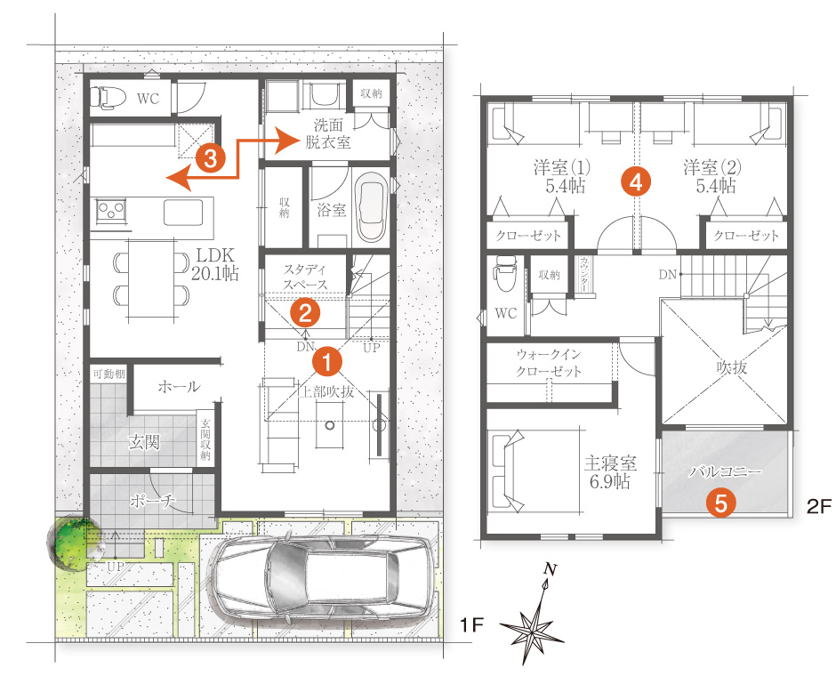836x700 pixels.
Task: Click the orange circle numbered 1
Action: tap(326, 361)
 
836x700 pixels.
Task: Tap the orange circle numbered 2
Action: tap(305, 313)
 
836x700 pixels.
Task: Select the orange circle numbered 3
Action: tap(211, 157)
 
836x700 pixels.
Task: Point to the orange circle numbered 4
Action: tap(636, 182)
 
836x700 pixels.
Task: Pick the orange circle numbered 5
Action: tap(721, 503)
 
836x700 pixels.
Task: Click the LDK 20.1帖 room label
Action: tap(215, 264)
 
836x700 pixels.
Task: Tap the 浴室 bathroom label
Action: tap(332, 210)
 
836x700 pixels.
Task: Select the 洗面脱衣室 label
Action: tap(328, 133)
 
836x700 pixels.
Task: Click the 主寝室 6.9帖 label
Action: tap(610, 472)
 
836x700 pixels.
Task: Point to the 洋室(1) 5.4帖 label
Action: tap(562, 176)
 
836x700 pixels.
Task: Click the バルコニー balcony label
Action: tap(725, 471)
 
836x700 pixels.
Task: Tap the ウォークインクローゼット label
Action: tap(549, 363)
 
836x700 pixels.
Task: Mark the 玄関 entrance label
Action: tap(144, 442)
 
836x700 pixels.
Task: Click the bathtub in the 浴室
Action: tap(373, 207)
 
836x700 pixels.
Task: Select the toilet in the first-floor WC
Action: tap(107, 98)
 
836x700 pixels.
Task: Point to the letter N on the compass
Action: tap(551, 570)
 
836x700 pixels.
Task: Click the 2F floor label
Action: tap(819, 506)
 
